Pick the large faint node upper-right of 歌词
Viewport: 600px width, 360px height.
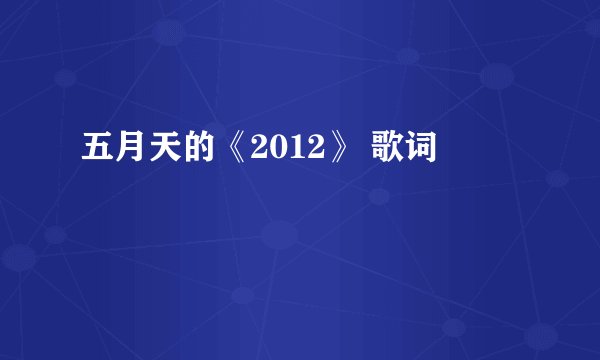pos(497,76)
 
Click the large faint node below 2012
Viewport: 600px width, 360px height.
pos(277,237)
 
